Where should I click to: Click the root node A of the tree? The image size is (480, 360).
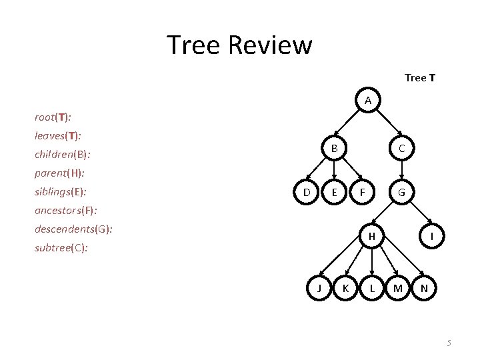click(368, 101)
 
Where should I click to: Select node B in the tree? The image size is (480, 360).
click(334, 148)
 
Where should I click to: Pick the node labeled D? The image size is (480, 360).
click(307, 193)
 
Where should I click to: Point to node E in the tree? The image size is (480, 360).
click(334, 193)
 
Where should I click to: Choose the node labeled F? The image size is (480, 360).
click(361, 193)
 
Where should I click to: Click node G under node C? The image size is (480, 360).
click(401, 193)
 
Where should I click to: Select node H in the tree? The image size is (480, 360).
click(373, 237)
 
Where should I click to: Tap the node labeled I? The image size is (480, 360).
click(433, 237)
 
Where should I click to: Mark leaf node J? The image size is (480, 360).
click(320, 288)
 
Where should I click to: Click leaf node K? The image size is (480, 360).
click(345, 288)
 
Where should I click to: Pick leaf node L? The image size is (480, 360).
click(372, 288)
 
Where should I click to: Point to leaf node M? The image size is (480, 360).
click(398, 288)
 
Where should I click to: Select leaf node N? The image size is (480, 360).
click(425, 288)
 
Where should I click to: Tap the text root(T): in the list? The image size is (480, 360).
click(53, 117)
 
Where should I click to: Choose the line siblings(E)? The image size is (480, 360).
click(61, 192)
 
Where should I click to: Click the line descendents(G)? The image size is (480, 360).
click(73, 229)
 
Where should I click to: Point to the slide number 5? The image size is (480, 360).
click(449, 343)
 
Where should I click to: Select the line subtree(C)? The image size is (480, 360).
click(61, 248)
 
